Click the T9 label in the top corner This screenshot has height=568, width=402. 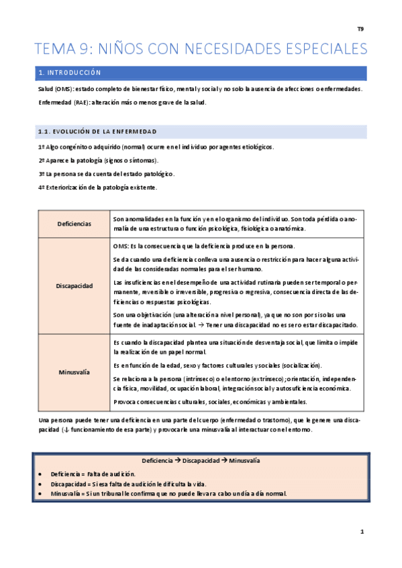click(360, 29)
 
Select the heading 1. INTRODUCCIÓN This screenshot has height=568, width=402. click(70, 72)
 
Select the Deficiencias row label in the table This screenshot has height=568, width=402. click(74, 223)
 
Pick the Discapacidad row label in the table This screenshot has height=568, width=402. click(74, 285)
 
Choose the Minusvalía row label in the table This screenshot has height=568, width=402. click(74, 372)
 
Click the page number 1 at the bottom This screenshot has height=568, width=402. click(361, 531)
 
